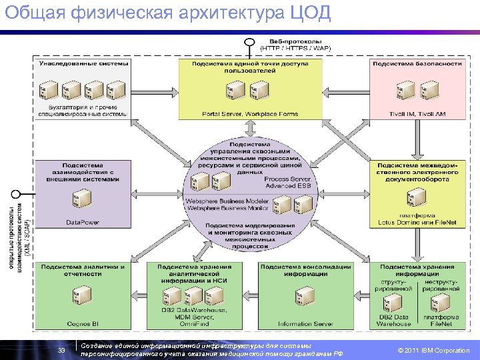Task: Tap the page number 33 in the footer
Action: click(x=61, y=351)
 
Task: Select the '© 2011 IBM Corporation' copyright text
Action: click(x=433, y=351)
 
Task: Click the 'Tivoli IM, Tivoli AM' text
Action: click(x=417, y=114)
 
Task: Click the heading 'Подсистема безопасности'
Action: click(x=417, y=63)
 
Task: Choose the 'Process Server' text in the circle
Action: click(x=287, y=179)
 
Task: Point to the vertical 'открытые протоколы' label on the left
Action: click(x=13, y=230)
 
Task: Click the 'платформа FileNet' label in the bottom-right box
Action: click(x=440, y=321)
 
